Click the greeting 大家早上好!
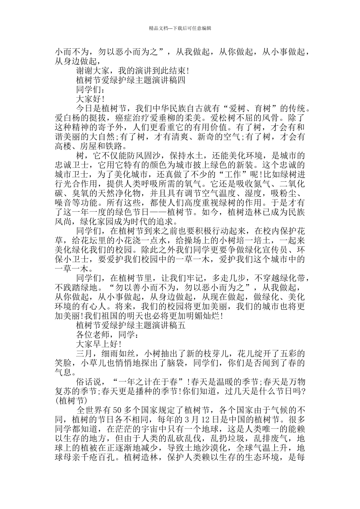(x=99, y=344)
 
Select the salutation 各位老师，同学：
(x=107, y=334)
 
